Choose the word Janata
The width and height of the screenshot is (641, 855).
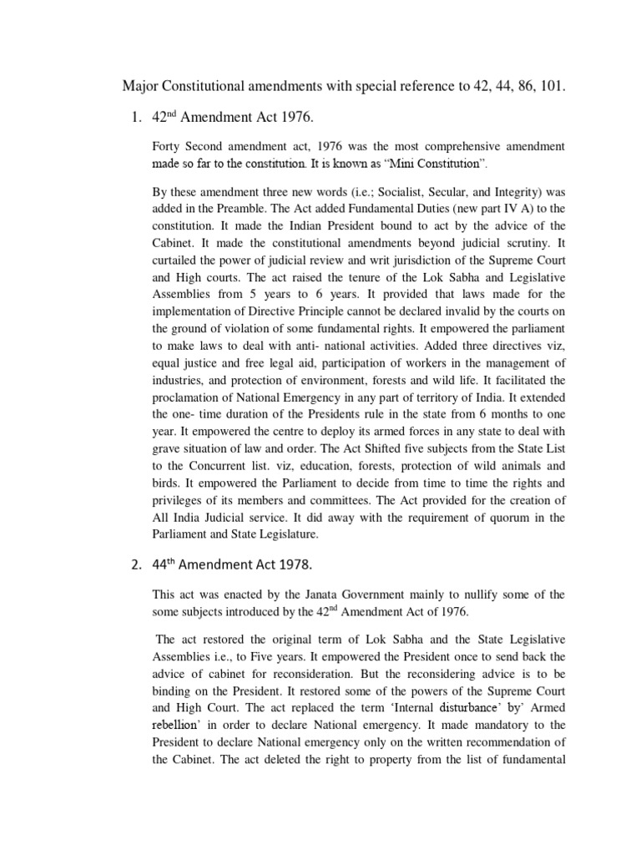pyautogui.click(x=300, y=594)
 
